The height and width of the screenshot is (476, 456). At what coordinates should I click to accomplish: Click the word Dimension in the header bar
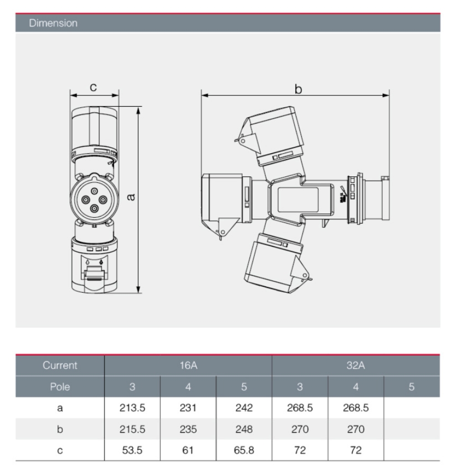click(x=53, y=23)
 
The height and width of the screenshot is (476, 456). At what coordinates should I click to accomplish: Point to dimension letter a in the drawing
click(x=130, y=197)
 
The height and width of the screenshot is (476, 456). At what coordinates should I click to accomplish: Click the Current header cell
click(x=60, y=365)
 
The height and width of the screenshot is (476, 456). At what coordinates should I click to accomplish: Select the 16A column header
click(x=188, y=365)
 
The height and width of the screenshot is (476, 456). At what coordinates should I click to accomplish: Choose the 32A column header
click(x=356, y=365)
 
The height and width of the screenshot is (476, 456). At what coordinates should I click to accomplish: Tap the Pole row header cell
click(x=60, y=387)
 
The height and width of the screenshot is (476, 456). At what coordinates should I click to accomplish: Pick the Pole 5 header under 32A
click(x=412, y=387)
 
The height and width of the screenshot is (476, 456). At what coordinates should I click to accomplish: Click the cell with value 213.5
click(x=132, y=408)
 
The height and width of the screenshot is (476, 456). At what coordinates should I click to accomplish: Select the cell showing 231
click(x=188, y=408)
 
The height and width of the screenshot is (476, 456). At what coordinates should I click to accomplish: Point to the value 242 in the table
click(x=244, y=408)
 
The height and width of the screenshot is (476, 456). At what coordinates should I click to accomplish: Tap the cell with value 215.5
click(x=132, y=429)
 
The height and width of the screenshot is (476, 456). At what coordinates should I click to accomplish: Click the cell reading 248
click(x=244, y=429)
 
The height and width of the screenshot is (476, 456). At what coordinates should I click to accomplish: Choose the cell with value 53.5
click(x=132, y=450)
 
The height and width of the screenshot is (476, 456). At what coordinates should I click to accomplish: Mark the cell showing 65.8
click(x=244, y=450)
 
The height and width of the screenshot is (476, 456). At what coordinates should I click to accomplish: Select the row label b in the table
click(x=60, y=429)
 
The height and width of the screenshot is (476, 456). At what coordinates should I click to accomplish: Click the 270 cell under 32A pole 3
click(x=300, y=429)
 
